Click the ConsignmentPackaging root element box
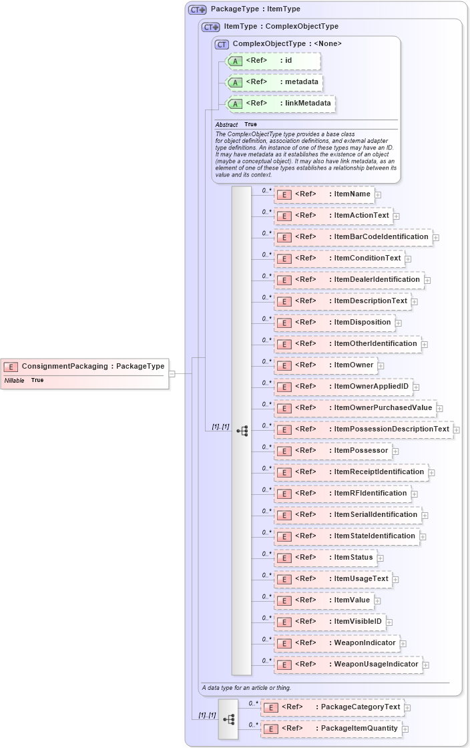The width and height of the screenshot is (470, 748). pyautogui.click(x=85, y=366)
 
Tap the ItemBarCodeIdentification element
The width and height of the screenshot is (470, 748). pyautogui.click(x=353, y=237)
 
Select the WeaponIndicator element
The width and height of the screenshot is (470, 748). pyautogui.click(x=336, y=643)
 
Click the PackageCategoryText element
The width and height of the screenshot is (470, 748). pyautogui.click(x=332, y=707)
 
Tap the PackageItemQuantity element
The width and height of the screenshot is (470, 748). pyautogui.click(x=331, y=729)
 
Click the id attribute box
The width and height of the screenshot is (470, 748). pyautogui.click(x=273, y=61)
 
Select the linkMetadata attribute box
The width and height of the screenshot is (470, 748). pyautogui.click(x=280, y=104)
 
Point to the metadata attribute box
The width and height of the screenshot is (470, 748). pyautogui.click(x=275, y=82)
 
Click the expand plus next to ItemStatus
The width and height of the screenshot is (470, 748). pyautogui.click(x=380, y=558)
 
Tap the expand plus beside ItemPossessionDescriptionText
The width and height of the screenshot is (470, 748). pyautogui.click(x=457, y=430)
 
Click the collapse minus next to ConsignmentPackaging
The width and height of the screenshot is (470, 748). pyautogui.click(x=172, y=374)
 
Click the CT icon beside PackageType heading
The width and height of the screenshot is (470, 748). pyautogui.click(x=197, y=9)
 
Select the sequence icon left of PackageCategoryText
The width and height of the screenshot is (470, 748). pyautogui.click(x=228, y=719)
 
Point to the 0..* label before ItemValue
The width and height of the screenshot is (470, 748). pyautogui.click(x=266, y=596)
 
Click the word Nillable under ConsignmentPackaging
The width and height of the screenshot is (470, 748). pyautogui.click(x=14, y=380)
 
